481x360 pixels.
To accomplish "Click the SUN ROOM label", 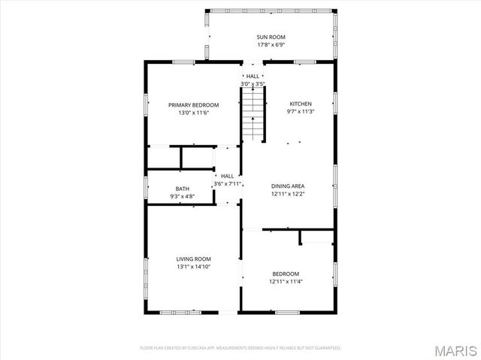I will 271,37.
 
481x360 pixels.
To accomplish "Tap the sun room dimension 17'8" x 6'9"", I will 271,45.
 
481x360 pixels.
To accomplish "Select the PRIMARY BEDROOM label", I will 193,104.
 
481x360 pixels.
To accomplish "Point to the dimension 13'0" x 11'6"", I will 193,113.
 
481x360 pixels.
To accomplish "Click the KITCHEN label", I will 300,104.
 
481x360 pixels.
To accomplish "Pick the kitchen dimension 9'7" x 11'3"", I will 300,112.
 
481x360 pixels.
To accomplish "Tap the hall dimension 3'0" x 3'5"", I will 253,83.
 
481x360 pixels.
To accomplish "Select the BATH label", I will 183,189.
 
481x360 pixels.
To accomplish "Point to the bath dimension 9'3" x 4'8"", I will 183,197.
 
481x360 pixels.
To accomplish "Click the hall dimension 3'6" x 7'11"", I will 227,183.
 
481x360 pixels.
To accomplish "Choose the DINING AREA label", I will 288,186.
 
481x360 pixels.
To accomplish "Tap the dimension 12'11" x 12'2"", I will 288,194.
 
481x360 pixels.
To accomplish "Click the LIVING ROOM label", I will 194,258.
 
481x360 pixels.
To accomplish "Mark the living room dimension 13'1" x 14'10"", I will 194,266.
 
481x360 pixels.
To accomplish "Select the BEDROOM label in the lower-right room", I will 286,274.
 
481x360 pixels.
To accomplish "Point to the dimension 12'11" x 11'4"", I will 286,282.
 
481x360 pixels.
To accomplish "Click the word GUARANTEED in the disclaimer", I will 326,348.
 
